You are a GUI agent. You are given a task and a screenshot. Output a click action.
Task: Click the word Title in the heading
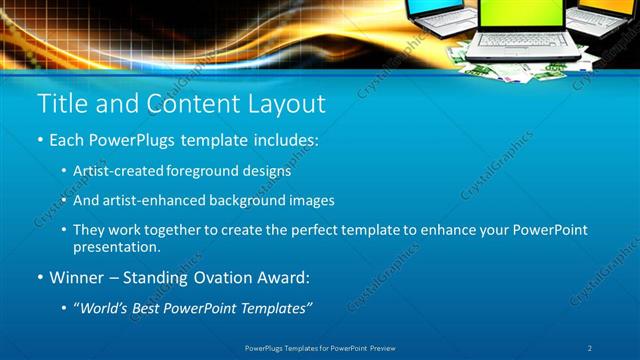(60, 104)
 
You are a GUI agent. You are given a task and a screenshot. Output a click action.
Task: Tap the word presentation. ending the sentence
(116, 246)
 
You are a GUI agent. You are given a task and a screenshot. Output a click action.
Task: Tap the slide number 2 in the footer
(590, 348)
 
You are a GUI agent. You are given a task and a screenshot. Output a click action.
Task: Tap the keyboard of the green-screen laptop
(516, 44)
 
